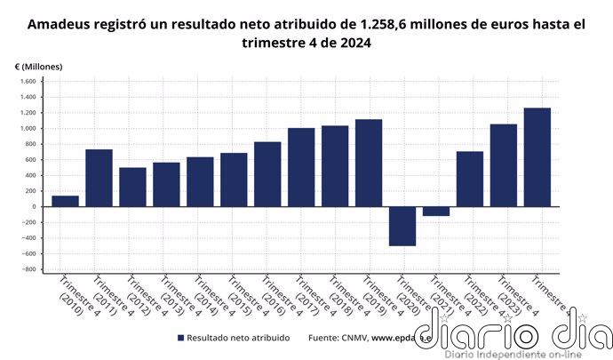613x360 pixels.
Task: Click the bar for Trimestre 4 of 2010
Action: point(65,201)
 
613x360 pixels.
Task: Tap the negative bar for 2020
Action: point(402,226)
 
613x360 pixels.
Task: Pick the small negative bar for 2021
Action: point(436,211)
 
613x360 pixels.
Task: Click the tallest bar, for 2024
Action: point(537,157)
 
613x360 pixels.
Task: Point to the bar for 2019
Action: point(369,163)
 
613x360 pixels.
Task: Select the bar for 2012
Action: point(132,187)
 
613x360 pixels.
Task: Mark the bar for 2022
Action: point(470,179)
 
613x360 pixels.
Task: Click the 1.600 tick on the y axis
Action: point(27,82)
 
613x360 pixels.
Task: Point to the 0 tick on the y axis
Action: point(33,207)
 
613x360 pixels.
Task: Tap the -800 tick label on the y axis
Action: point(27,269)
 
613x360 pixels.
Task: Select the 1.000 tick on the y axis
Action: point(27,129)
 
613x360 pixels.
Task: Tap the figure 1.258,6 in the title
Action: point(380,25)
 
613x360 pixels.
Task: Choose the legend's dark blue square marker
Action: point(181,338)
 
